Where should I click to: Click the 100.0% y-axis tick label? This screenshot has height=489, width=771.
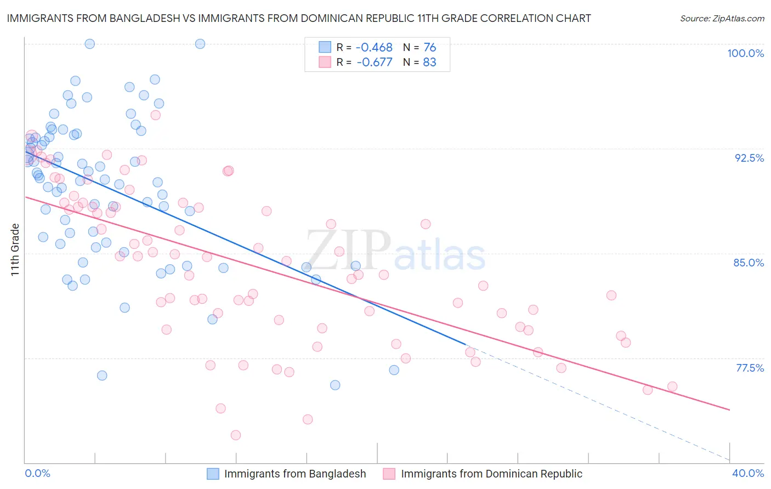pos(745,53)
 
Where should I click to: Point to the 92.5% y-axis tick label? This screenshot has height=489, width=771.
pos(749,158)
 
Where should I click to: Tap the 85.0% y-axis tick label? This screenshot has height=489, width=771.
pos(749,263)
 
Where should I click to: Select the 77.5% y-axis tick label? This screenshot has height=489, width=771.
pos(750,368)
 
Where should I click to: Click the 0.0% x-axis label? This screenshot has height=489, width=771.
pos(38,473)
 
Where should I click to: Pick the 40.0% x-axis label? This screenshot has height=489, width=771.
pos(748,473)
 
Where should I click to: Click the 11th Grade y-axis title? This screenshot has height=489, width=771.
pos(15,249)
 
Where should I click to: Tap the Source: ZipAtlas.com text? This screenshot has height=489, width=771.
pos(722,19)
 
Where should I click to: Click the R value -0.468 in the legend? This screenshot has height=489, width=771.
pos(375,48)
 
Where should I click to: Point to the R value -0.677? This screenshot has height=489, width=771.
pos(375,62)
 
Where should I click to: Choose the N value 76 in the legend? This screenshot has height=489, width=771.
pos(429,48)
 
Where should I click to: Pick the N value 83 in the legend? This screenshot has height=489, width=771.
pos(429,62)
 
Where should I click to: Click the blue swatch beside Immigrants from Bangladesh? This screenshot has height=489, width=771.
pos(213,474)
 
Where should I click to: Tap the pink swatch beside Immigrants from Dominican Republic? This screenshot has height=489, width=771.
pos(389,474)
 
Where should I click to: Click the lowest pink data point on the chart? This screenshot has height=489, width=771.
pos(236,435)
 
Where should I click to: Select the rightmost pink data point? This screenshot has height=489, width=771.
pos(672,386)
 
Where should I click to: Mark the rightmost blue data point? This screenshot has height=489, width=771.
pos(394,370)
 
